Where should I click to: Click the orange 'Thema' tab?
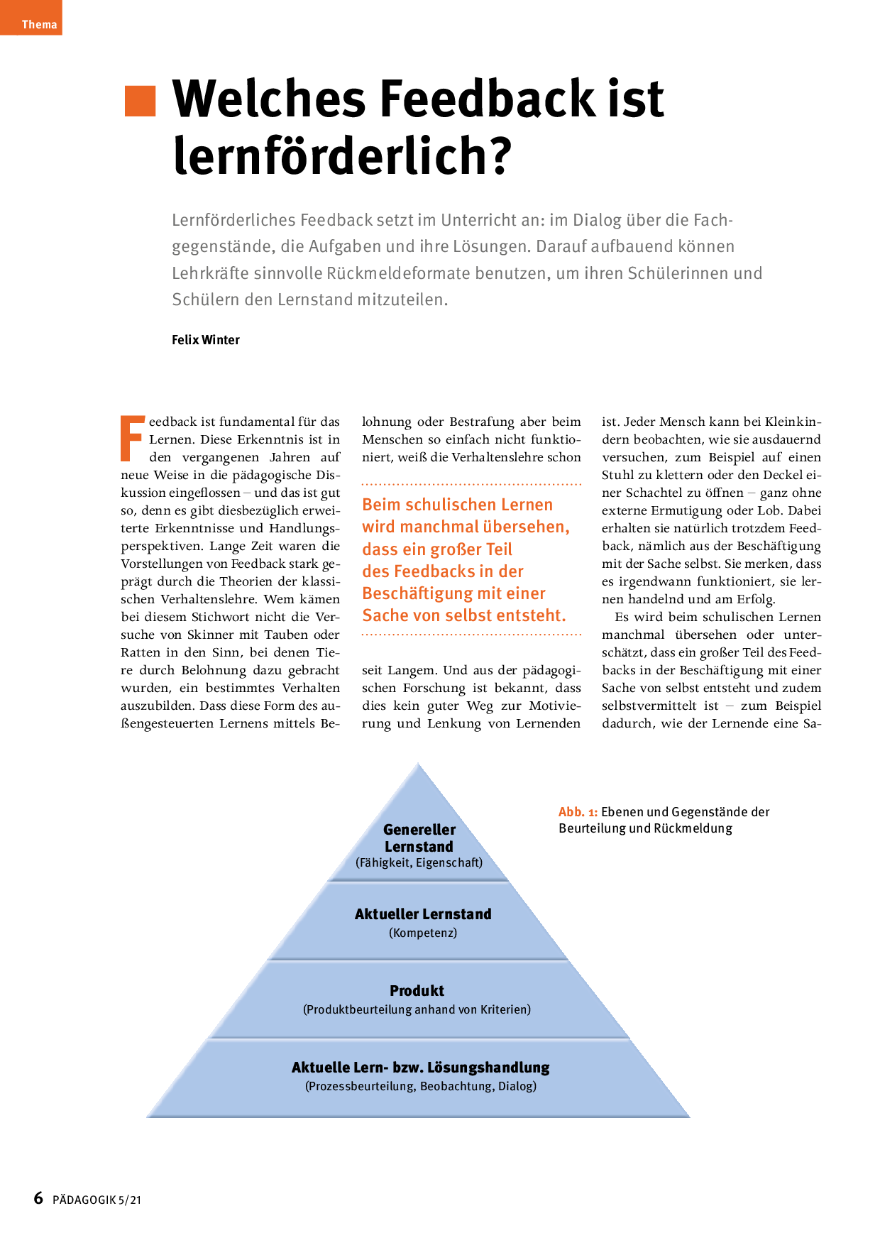(x=38, y=24)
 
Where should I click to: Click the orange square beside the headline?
(x=140, y=101)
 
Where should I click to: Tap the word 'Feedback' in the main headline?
(x=489, y=99)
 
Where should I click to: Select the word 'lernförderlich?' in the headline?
(x=342, y=155)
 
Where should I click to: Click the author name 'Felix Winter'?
(x=206, y=340)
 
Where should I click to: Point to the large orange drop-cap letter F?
(x=133, y=438)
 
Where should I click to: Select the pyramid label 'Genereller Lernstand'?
(x=419, y=838)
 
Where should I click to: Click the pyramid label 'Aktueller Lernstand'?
(x=423, y=914)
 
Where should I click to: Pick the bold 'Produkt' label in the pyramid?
(x=417, y=991)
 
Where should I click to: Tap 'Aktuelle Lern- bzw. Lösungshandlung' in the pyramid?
(x=420, y=1068)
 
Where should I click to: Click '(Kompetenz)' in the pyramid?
(x=423, y=933)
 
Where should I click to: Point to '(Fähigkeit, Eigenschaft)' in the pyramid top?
(x=419, y=863)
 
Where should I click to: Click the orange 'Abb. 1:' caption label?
(x=578, y=812)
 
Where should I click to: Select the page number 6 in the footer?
(x=38, y=1198)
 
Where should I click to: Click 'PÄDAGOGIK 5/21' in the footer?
(x=97, y=1200)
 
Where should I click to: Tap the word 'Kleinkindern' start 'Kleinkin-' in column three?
(x=793, y=422)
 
